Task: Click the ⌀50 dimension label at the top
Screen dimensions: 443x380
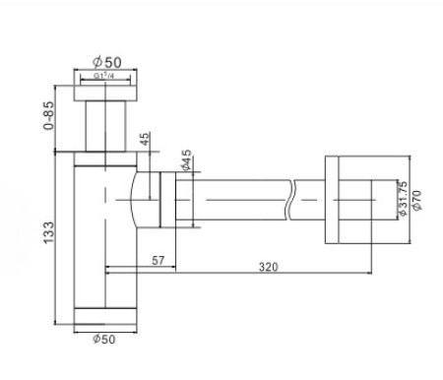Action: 107,62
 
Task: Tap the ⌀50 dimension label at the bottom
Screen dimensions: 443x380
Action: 104,339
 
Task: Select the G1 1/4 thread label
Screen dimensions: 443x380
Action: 104,76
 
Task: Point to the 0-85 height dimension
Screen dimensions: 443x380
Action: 49,115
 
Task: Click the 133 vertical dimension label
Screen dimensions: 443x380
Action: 48,232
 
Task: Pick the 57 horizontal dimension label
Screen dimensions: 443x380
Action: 158,261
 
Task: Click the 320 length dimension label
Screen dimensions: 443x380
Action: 269,267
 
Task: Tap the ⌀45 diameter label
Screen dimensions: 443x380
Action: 187,159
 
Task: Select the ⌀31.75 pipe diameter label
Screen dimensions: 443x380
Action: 403,198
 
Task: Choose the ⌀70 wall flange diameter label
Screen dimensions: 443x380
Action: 416,200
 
